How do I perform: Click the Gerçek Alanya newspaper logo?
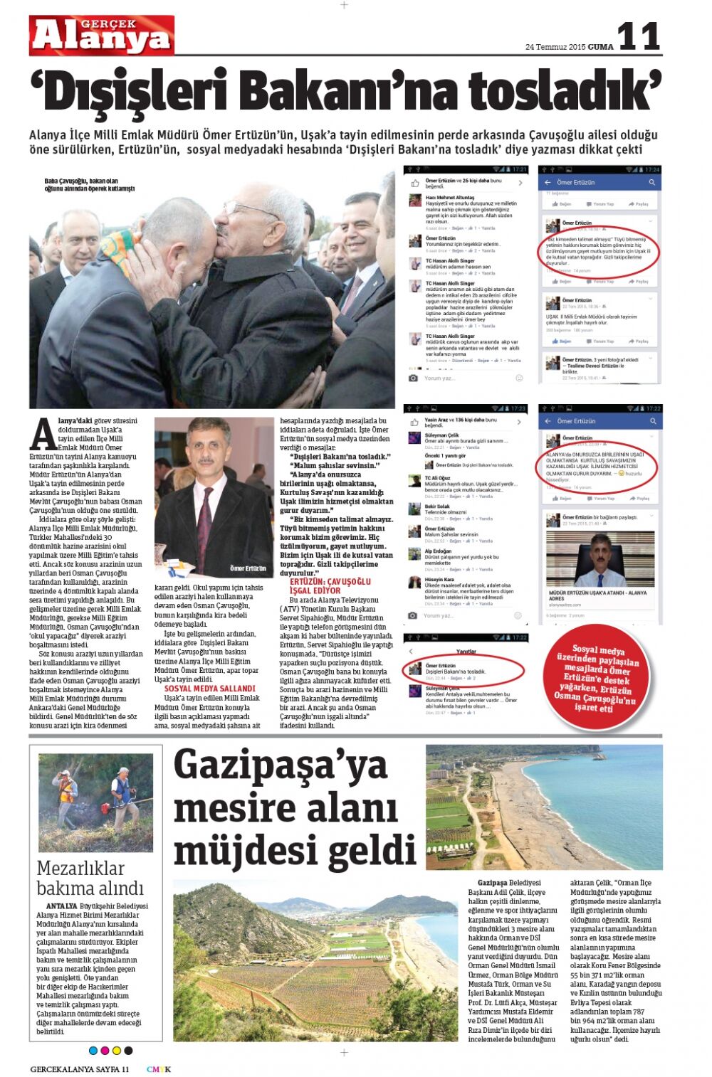pyautogui.click(x=101, y=35)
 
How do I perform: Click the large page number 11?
pyautogui.click(x=639, y=36)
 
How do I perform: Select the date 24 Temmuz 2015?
pyautogui.click(x=555, y=47)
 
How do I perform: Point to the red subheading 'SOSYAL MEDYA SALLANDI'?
pyautogui.click(x=209, y=689)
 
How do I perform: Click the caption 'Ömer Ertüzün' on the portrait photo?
pyautogui.click(x=248, y=568)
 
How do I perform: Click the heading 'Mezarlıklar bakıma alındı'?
pyautogui.click(x=90, y=878)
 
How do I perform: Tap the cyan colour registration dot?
pyautogui.click(x=93, y=1050)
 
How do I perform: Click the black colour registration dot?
pyautogui.click(x=128, y=1050)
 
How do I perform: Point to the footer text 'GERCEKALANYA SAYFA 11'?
pyautogui.click(x=79, y=1069)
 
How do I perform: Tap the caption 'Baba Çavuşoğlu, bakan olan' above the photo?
pyautogui.click(x=81, y=181)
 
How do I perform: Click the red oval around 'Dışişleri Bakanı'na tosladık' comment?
pyautogui.click(x=464, y=671)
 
